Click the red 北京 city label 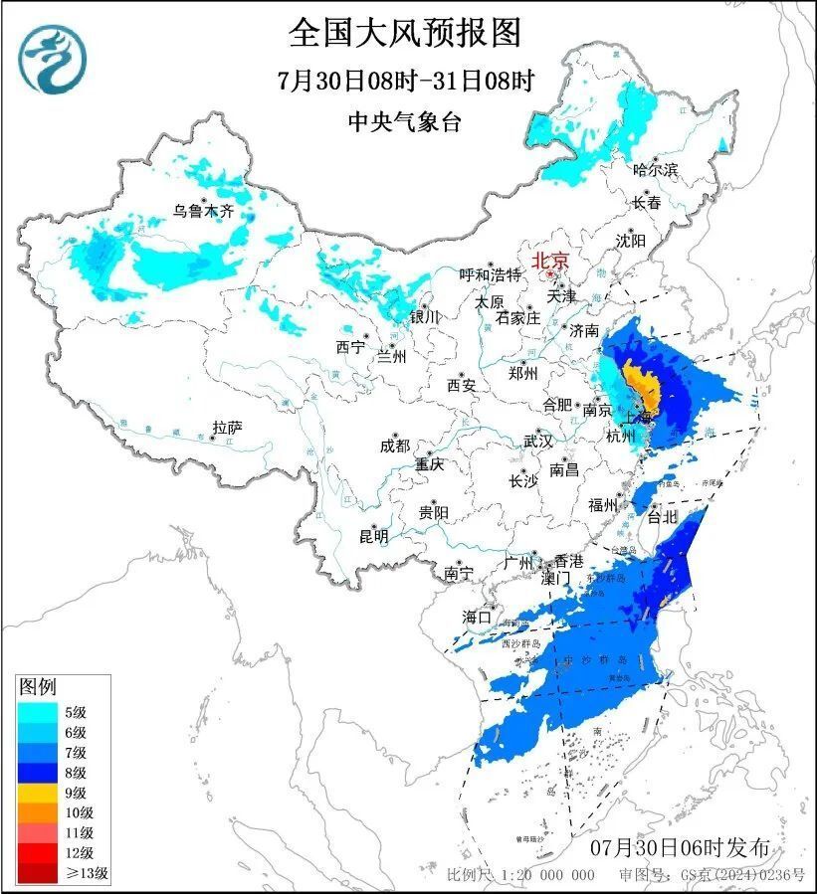coord(550,262)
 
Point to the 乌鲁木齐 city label coord(202,210)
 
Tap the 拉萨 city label coord(227,429)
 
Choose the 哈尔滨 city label coord(655,170)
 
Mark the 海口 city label coord(477,617)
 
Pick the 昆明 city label coord(374,536)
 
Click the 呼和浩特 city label coord(490,274)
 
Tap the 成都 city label coord(394,446)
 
